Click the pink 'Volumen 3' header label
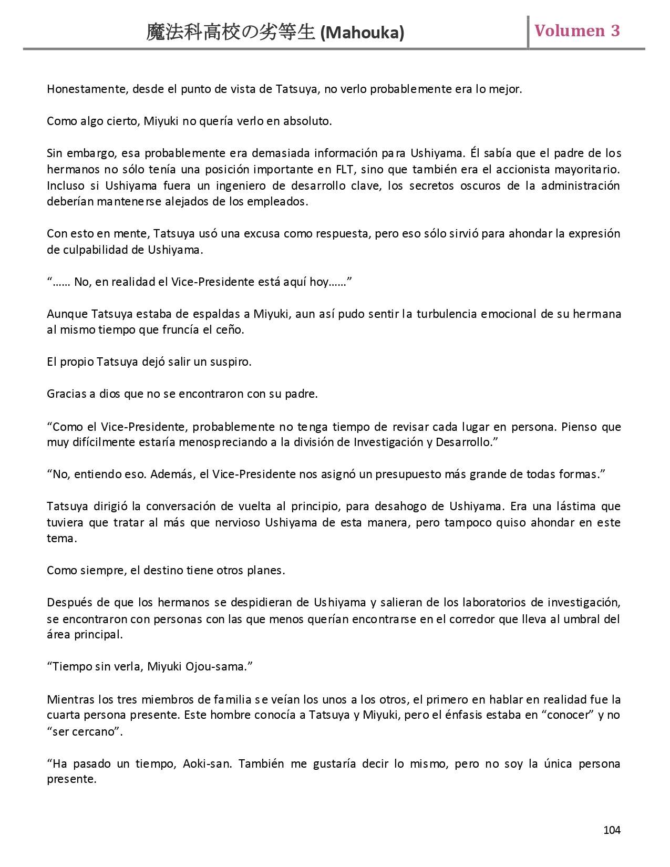(577, 31)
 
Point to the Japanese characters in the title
(231, 33)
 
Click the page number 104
(612, 830)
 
